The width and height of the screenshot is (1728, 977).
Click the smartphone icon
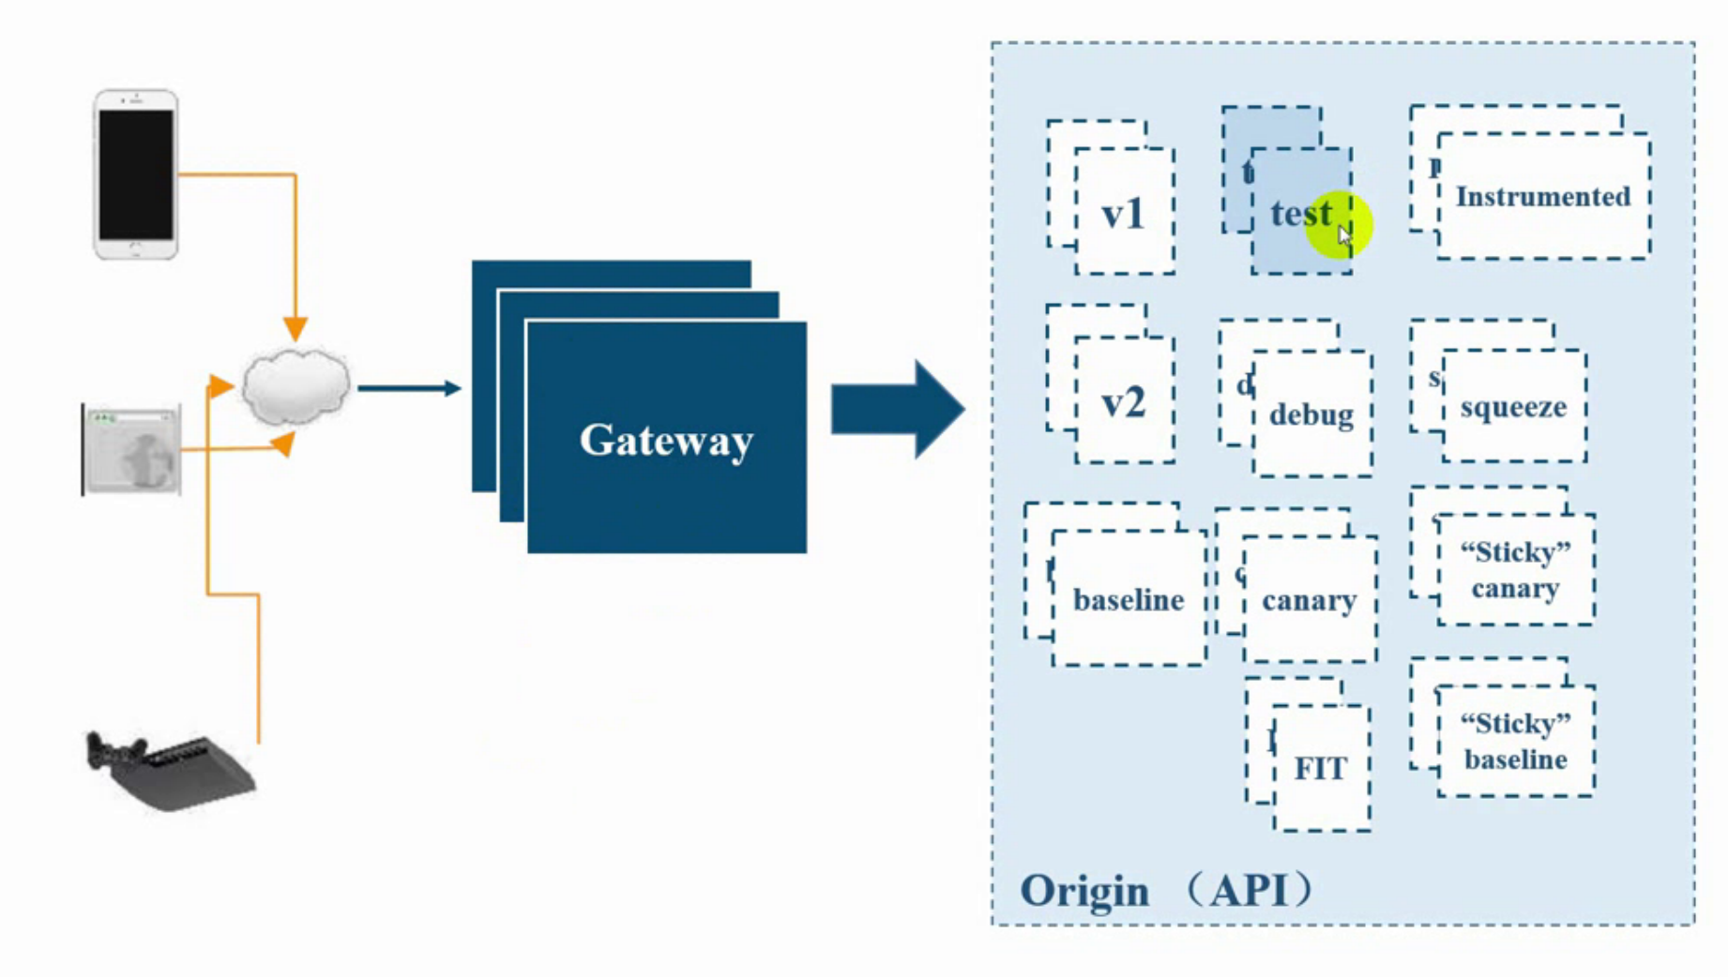click(x=136, y=174)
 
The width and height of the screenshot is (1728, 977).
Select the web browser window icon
click(x=132, y=451)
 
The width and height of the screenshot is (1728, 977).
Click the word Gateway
click(x=666, y=440)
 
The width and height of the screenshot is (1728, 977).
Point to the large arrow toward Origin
click(x=897, y=410)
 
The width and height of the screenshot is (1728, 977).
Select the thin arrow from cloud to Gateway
click(x=409, y=387)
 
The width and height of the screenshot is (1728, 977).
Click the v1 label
click(x=1123, y=215)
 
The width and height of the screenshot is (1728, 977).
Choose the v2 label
click(x=1123, y=403)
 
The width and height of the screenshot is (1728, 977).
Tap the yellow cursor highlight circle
click(x=1339, y=225)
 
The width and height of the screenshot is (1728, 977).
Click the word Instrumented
click(x=1542, y=197)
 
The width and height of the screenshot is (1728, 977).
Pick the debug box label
click(x=1311, y=414)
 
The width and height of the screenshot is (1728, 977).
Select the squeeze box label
click(x=1513, y=407)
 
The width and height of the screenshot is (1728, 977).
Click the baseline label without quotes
click(x=1129, y=600)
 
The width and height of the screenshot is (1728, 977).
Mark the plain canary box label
click(x=1309, y=600)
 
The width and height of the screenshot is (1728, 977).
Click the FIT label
click(x=1320, y=769)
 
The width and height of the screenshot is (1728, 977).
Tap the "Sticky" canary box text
click(x=1515, y=570)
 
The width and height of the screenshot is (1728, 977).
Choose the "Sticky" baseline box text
click(x=1515, y=742)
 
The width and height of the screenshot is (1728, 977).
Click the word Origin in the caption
click(x=1084, y=891)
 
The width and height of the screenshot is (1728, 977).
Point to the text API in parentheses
click(x=1250, y=889)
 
